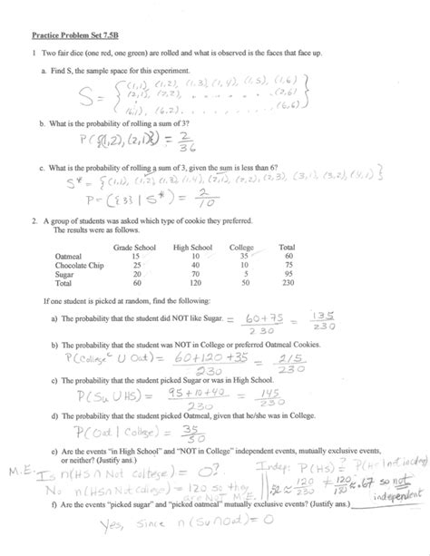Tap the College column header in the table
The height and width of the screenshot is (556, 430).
(241, 248)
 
